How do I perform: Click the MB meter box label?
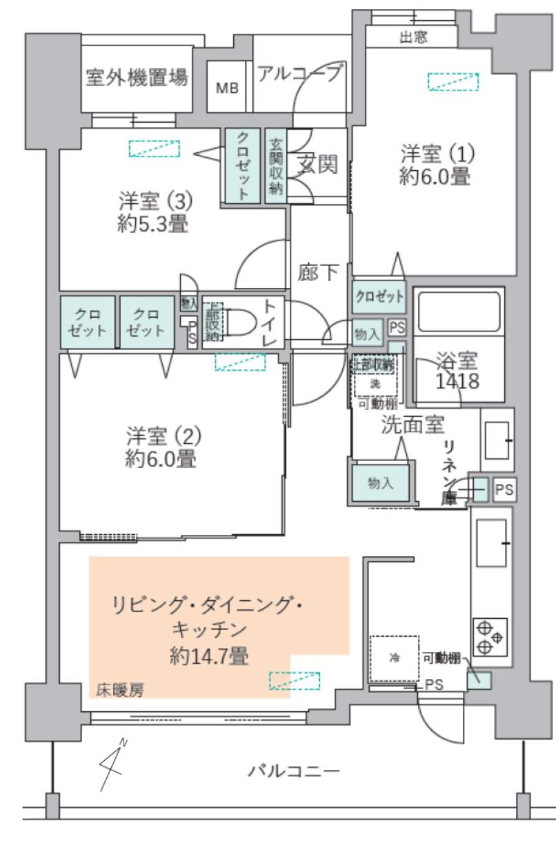pos(226,88)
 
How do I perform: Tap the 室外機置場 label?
pos(137,77)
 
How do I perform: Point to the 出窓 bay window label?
pos(413,37)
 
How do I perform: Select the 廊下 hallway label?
pos(318,273)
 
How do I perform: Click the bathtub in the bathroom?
pos(460,314)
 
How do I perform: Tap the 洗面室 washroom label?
pos(413,425)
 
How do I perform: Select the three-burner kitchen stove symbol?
pos(490,636)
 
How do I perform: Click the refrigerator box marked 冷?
pos(395,658)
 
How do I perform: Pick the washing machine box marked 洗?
pos(376,383)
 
